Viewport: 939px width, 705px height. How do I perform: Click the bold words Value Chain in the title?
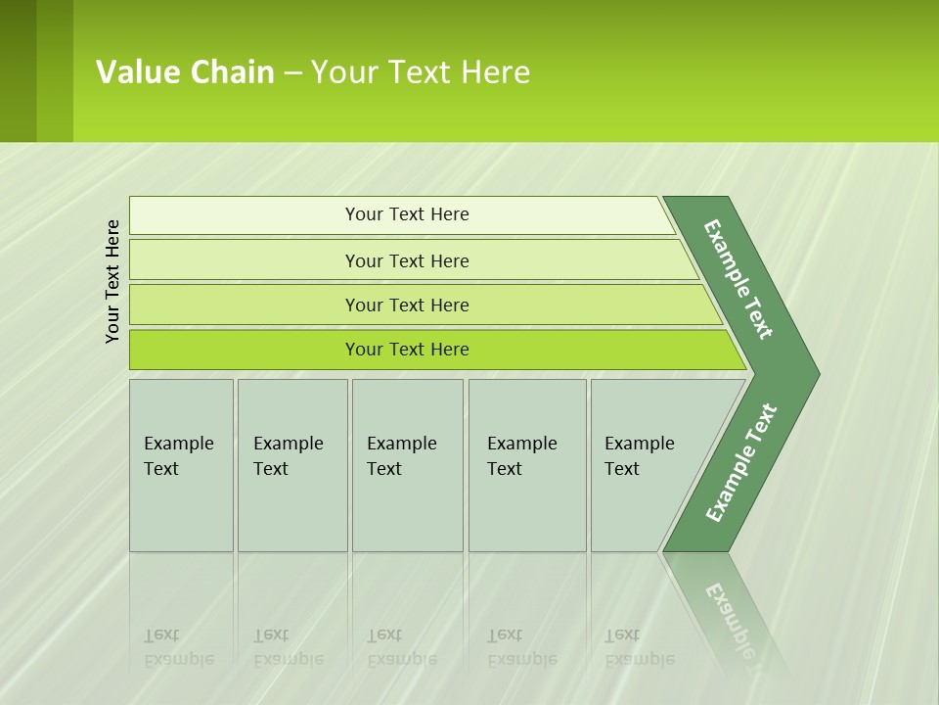point(185,72)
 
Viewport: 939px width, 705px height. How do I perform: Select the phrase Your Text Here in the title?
point(421,72)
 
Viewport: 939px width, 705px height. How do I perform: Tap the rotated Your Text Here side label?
point(112,281)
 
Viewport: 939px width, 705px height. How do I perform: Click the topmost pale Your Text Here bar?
point(407,214)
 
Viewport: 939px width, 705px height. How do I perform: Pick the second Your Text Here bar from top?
point(407,260)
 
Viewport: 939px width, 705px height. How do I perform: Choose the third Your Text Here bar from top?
point(407,305)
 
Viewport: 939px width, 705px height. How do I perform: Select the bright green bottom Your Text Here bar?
point(407,350)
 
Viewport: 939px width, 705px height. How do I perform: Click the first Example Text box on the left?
point(181,464)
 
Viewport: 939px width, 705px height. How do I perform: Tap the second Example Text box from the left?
point(291,464)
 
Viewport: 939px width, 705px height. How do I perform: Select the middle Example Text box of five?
point(406,464)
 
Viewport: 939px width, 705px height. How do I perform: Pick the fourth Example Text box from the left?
point(526,464)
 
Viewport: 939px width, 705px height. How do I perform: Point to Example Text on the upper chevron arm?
point(738,279)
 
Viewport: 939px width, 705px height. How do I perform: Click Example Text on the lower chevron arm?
point(741,462)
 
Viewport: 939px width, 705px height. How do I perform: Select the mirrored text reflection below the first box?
point(179,647)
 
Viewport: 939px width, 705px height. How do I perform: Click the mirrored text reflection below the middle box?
point(402,647)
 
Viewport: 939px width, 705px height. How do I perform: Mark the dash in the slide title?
point(292,72)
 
